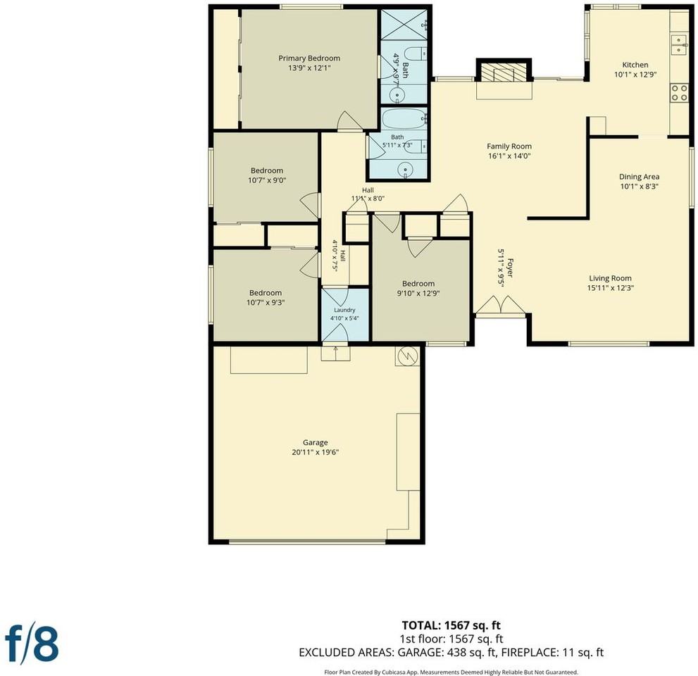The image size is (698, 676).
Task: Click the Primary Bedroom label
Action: [x=309, y=58]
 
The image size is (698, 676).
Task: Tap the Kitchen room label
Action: [x=635, y=65]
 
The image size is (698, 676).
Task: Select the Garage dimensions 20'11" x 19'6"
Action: [x=315, y=452]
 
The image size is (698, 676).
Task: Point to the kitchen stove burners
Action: [x=679, y=92]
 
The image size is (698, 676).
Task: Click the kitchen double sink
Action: [x=679, y=44]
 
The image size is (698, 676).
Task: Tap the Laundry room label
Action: [x=344, y=310]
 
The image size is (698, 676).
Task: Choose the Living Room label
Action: [x=610, y=278]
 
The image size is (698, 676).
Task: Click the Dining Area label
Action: [x=640, y=177]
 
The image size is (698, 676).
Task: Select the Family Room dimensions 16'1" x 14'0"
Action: [x=509, y=156]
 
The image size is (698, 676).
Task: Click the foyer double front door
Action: [x=500, y=305]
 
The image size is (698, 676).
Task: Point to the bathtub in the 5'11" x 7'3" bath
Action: [x=404, y=119]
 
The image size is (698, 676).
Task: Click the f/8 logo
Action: [x=32, y=645]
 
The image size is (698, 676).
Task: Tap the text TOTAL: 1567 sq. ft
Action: [x=451, y=625]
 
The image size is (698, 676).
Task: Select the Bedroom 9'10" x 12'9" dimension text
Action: [x=418, y=293]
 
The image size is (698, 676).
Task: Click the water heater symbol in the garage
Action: [x=407, y=356]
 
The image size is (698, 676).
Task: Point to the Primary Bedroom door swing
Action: [x=350, y=120]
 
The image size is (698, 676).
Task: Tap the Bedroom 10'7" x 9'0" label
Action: [x=267, y=175]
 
